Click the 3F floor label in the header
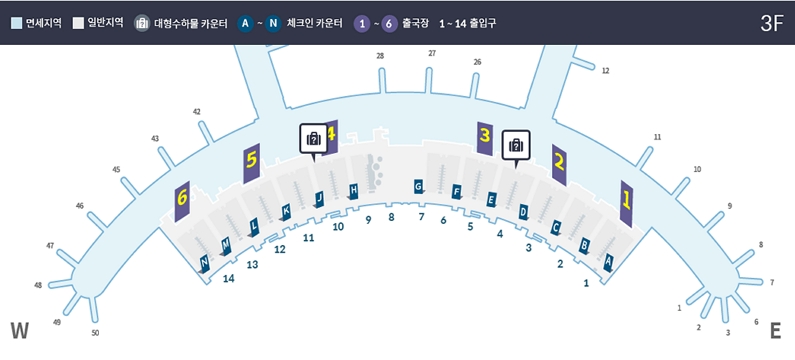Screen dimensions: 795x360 771,24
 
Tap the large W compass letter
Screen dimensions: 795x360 19,331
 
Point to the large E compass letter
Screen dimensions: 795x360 775,331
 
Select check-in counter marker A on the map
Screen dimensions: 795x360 608,262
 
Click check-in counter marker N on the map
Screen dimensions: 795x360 204,263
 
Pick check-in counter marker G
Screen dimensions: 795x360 418,186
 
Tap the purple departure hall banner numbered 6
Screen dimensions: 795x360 182,201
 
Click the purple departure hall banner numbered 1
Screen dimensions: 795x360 627,204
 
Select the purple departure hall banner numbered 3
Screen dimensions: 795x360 485,138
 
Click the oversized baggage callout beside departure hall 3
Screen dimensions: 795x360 516,145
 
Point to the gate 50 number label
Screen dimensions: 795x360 95,333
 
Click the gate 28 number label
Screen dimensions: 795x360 380,56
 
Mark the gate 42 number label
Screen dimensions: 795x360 197,112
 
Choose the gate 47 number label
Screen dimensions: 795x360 50,246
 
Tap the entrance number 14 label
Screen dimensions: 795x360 229,278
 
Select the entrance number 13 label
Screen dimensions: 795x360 252,264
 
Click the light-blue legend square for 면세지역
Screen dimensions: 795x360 16,24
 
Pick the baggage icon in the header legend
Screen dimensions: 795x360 142,24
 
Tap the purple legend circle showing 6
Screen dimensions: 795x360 389,24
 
